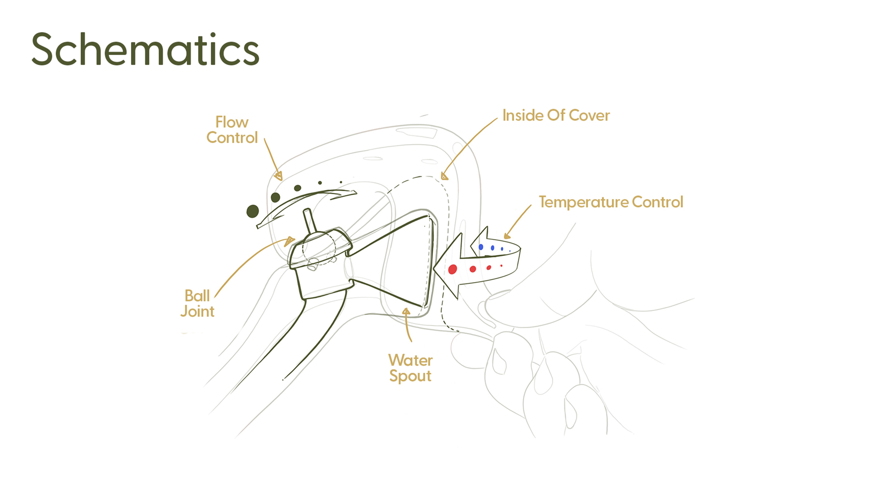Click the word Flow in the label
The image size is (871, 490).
click(x=232, y=122)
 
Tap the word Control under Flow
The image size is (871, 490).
click(x=232, y=138)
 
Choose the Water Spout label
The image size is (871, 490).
click(x=410, y=368)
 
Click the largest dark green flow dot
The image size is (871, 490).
click(x=253, y=211)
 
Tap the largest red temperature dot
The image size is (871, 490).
click(x=453, y=269)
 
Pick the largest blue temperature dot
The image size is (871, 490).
click(x=481, y=247)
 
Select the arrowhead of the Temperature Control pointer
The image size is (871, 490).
click(x=507, y=236)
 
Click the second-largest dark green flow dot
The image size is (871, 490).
click(x=276, y=197)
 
